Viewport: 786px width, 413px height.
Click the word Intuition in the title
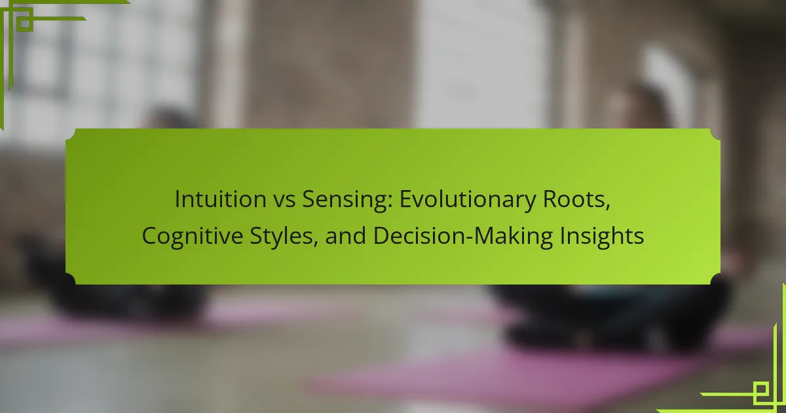(220, 199)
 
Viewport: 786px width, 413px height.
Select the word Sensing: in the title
(346, 201)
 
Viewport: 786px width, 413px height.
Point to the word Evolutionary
(468, 201)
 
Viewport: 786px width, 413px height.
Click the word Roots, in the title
(577, 200)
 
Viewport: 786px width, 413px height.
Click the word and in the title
(345, 235)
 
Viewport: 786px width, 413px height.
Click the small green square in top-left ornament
(25, 23)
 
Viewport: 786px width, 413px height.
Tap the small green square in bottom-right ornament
(760, 390)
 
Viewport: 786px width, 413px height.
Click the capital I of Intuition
(177, 199)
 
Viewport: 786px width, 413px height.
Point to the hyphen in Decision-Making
(470, 238)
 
